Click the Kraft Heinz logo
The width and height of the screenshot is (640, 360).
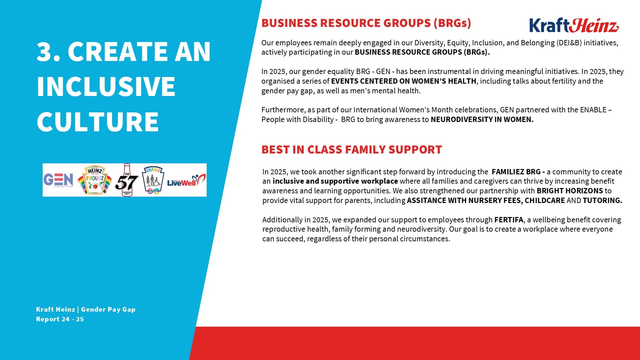point(574,25)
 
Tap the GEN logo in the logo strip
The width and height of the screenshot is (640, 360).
point(58,180)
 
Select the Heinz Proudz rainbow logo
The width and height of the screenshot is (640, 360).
point(95,180)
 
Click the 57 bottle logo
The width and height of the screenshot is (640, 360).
point(127,180)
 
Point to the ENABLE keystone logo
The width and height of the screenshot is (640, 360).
point(153,180)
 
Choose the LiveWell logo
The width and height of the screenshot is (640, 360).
point(186,181)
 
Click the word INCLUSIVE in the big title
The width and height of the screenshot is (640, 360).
point(106,86)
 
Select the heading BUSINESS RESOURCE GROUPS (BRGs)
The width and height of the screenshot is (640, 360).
point(366,23)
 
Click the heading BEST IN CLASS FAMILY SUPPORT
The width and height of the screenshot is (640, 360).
point(352,150)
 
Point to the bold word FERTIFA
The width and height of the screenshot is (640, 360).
point(509,220)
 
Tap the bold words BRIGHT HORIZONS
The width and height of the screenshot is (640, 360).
point(570,191)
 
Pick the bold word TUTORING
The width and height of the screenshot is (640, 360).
point(602,200)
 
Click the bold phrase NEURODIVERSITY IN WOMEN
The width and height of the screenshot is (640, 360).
point(482,119)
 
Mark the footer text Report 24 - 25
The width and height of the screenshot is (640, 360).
point(60,319)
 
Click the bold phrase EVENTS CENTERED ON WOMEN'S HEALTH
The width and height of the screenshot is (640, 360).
point(404,81)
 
